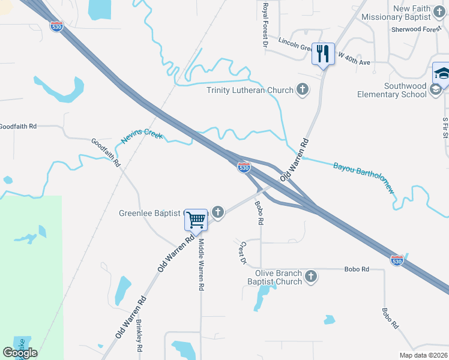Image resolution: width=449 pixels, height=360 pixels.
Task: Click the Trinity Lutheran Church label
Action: pos(250,90)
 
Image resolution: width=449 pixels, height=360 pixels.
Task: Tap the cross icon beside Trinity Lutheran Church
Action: pos(303,90)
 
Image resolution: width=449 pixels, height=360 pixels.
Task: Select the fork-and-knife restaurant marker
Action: pos(324,54)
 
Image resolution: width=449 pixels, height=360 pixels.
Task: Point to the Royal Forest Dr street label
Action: pos(265,24)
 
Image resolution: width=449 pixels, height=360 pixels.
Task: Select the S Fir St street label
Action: pos(445,127)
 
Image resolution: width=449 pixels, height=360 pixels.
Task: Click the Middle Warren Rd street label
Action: pos(201,265)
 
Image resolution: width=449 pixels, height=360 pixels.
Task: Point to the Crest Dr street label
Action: pos(243,253)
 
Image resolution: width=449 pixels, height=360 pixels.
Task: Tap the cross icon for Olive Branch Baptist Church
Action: pos(310,277)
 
